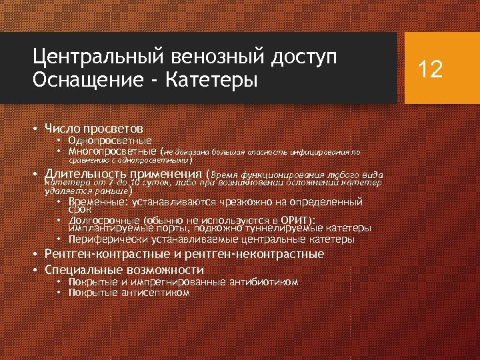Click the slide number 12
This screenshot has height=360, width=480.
coord(430,69)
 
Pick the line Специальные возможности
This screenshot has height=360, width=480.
coord(124,269)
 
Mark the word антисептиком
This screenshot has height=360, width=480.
coord(153,292)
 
